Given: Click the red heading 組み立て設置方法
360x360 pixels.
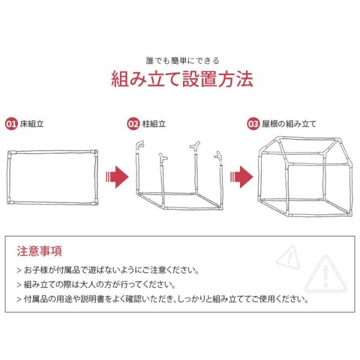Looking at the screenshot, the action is (182, 79).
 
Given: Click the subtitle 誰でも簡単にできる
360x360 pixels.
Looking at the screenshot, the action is (183, 61).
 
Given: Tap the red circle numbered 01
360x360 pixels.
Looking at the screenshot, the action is (11, 124).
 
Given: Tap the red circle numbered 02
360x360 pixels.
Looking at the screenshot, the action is (133, 124).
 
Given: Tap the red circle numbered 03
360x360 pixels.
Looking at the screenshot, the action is (253, 124).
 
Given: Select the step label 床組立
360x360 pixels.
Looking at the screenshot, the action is (32, 124).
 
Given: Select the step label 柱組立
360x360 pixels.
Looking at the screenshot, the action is (154, 124).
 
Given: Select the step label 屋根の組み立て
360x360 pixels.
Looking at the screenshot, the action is (289, 124).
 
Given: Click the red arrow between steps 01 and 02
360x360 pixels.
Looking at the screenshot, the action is (118, 177).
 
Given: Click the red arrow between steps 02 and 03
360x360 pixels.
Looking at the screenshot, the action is (242, 177).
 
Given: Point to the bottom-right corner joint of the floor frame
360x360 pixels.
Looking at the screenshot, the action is (94, 202).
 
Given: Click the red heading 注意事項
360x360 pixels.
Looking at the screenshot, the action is (39, 251).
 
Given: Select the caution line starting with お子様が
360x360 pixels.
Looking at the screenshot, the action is (107, 270).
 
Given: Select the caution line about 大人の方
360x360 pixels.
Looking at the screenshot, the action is (96, 284).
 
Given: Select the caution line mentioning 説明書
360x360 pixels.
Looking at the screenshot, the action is (163, 299).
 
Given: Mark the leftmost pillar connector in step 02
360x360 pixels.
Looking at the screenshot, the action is (139, 145).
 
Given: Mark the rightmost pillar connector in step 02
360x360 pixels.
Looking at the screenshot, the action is (218, 155).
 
